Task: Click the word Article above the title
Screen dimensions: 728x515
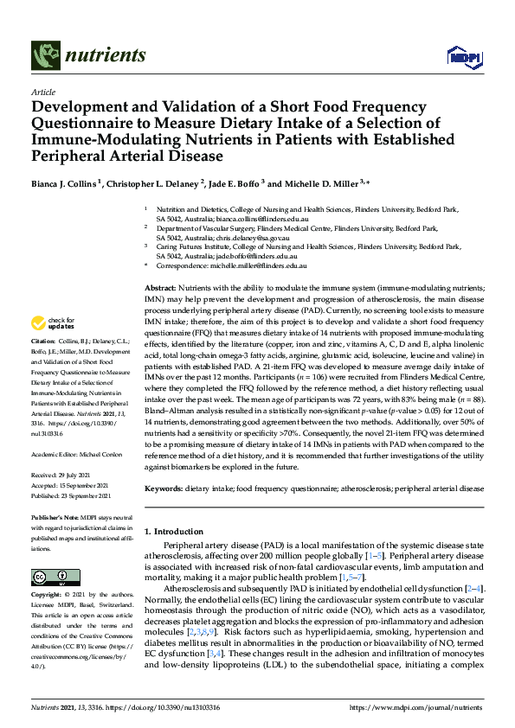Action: pos(42,92)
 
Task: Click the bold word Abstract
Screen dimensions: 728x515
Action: pos(160,287)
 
